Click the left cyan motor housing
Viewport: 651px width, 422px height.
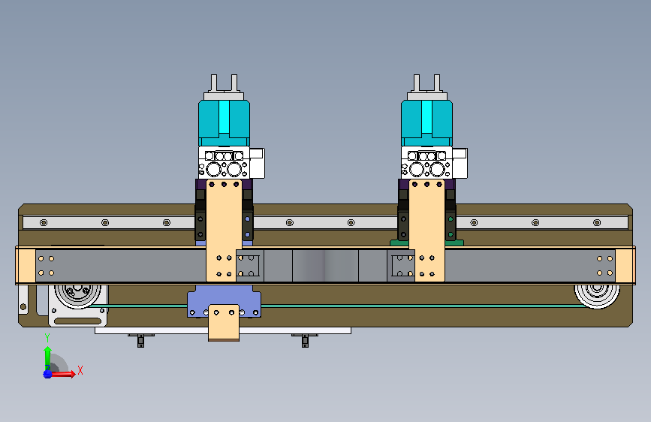(224, 122)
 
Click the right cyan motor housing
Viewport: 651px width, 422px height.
(426, 122)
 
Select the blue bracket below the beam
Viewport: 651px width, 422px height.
(225, 301)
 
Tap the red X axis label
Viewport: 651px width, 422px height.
(80, 370)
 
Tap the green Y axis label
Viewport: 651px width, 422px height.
(47, 338)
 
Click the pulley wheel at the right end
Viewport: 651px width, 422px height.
(597, 296)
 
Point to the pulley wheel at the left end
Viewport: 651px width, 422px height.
(77, 296)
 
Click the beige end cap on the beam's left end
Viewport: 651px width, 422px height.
(26, 266)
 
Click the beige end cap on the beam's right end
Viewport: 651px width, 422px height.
(625, 266)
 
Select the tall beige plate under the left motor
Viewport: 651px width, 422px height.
(224, 231)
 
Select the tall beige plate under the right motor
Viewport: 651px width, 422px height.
(426, 231)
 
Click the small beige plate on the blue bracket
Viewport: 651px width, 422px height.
(224, 323)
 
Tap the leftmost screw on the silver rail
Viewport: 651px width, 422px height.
(44, 222)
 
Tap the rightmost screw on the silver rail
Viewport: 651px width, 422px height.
(597, 222)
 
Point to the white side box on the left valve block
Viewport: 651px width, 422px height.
(257, 163)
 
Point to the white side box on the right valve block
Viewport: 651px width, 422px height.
(460, 163)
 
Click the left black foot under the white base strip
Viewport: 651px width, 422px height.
(140, 341)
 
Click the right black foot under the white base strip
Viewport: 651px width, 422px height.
(305, 341)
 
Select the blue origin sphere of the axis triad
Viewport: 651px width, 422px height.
(48, 374)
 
